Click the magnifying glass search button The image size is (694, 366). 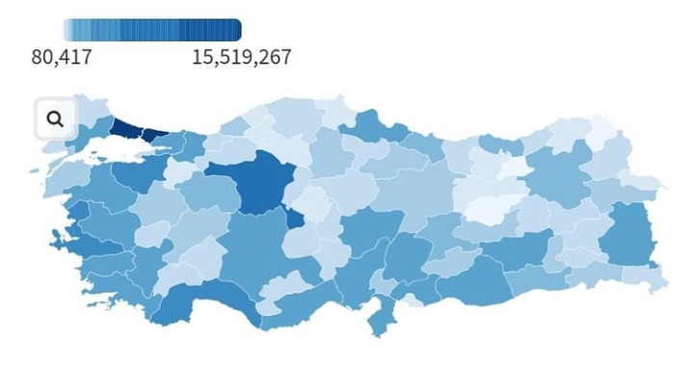coord(55,118)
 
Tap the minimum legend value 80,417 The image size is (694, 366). coord(62,58)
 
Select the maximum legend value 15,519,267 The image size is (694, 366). coord(241,58)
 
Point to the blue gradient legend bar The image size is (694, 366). coord(152,30)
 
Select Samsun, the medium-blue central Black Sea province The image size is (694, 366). coord(371,126)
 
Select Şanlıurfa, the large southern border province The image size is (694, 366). coord(472,278)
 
